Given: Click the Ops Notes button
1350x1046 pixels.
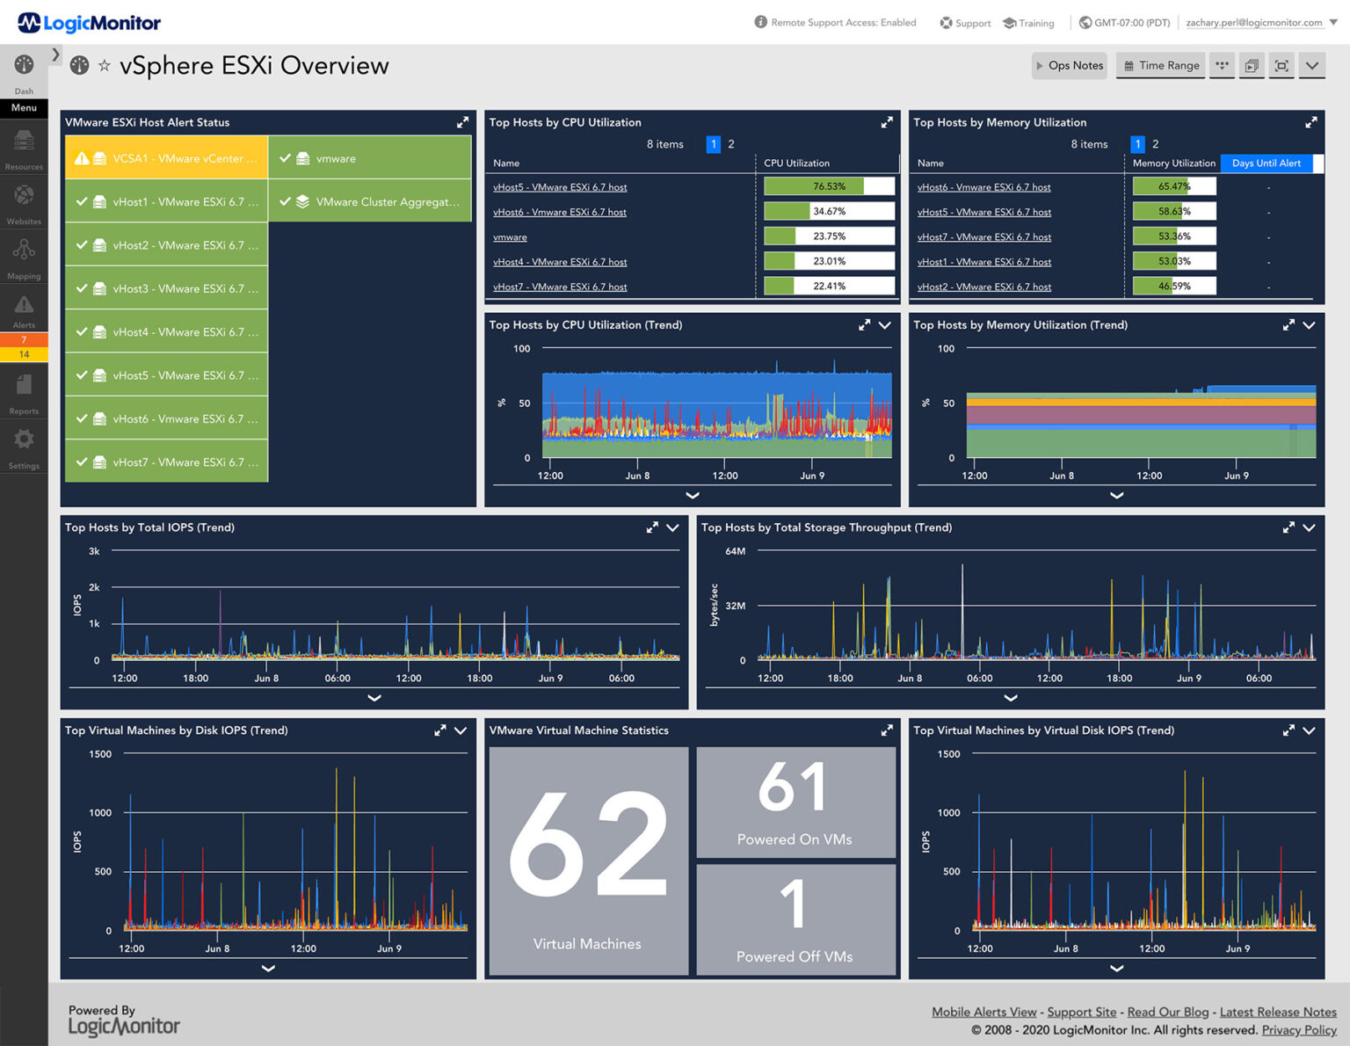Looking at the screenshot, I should click(x=1069, y=65).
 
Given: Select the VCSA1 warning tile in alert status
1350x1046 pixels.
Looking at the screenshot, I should click(x=166, y=158).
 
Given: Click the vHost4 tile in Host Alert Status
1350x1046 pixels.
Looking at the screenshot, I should click(x=166, y=332).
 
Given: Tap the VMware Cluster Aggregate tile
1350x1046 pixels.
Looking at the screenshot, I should click(x=370, y=201).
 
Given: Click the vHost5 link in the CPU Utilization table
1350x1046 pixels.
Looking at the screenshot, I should click(x=560, y=187).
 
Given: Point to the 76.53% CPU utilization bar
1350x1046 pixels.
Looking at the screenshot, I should click(x=828, y=186).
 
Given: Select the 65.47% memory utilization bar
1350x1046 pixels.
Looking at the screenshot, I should click(x=1173, y=186).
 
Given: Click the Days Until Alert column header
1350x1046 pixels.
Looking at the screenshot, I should click(x=1266, y=163).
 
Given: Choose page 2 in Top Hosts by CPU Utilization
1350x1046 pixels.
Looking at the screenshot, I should click(x=731, y=144).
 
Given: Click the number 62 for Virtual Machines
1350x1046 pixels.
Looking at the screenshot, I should click(x=587, y=845).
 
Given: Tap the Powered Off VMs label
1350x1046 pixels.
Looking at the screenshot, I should click(x=795, y=956).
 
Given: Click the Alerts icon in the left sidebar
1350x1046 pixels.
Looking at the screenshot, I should click(x=24, y=309).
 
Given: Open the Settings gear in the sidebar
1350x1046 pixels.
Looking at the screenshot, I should click(x=24, y=440).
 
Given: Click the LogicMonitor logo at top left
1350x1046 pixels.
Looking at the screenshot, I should click(x=89, y=23).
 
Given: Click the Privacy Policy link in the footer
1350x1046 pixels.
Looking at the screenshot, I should click(x=1298, y=1030).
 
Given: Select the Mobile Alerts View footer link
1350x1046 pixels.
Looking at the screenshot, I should click(x=983, y=1012).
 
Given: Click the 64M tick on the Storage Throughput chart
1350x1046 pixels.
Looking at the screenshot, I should click(x=735, y=551).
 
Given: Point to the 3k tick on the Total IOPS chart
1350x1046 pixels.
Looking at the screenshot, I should click(x=94, y=551).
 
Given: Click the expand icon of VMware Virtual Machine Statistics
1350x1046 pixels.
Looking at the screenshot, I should click(x=886, y=730).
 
